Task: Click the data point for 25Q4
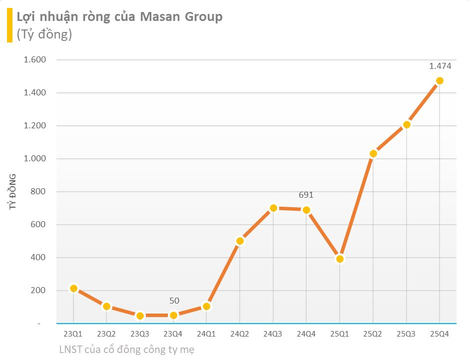pos(440,81)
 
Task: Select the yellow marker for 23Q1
pos(73,288)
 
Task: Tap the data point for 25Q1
pos(340,259)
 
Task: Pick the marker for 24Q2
pos(240,241)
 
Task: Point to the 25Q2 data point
pos(373,154)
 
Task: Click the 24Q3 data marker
pos(273,208)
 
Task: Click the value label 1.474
pos(440,66)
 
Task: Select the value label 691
pos(306,195)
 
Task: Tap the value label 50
pos(174,301)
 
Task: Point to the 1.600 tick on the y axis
pos(34,60)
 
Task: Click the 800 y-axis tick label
pos(38,192)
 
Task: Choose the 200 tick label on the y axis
pos(38,291)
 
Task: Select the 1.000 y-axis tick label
pos(34,159)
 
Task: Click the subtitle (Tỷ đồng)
pos(44,35)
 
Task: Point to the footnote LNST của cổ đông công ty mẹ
pos(127,350)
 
